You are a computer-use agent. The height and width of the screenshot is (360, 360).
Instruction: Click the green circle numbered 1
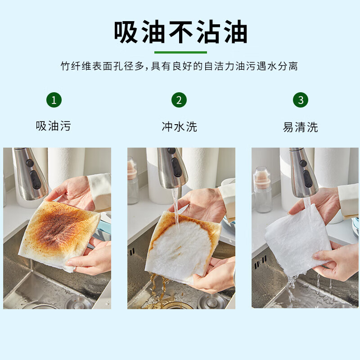(54, 100)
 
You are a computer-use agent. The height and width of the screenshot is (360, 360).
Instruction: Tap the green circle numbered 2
(179, 100)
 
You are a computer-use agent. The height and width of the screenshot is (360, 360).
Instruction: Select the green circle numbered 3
(301, 100)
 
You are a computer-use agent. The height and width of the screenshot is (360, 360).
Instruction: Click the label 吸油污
(54, 126)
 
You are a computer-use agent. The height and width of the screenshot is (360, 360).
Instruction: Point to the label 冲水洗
(179, 126)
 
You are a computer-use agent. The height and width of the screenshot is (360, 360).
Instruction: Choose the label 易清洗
(301, 127)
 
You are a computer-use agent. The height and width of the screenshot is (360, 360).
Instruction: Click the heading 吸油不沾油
(180, 32)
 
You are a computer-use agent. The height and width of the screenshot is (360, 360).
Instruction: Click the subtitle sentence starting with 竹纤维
(180, 67)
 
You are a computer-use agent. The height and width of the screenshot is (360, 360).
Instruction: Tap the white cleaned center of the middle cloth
(182, 247)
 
